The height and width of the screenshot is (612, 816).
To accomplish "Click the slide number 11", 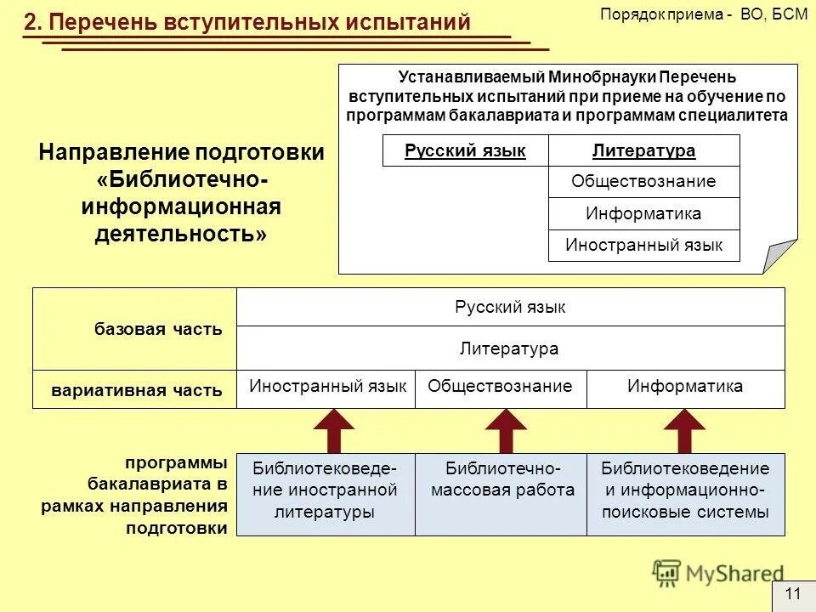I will (x=793, y=594).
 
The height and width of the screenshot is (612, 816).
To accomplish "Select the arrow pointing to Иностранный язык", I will (x=335, y=430).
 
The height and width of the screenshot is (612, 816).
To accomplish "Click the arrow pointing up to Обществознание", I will (x=506, y=430).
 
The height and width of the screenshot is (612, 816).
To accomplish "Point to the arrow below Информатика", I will (x=684, y=430).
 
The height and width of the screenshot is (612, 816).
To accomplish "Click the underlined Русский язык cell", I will (x=465, y=151).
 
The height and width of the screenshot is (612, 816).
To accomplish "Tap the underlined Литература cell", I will (x=643, y=151).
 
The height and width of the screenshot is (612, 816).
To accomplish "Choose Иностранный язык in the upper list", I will (x=643, y=246).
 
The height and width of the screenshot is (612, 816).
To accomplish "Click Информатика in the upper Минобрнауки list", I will (x=643, y=213).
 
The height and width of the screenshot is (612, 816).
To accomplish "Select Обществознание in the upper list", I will (x=643, y=181).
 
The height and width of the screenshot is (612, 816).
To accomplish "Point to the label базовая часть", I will (x=159, y=330).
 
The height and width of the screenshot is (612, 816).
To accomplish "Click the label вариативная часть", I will (x=137, y=391).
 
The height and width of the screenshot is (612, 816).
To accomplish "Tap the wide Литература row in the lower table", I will (x=509, y=348).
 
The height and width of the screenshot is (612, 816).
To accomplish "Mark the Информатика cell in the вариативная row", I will (x=685, y=387).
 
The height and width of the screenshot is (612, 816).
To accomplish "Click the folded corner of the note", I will (x=779, y=256).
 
